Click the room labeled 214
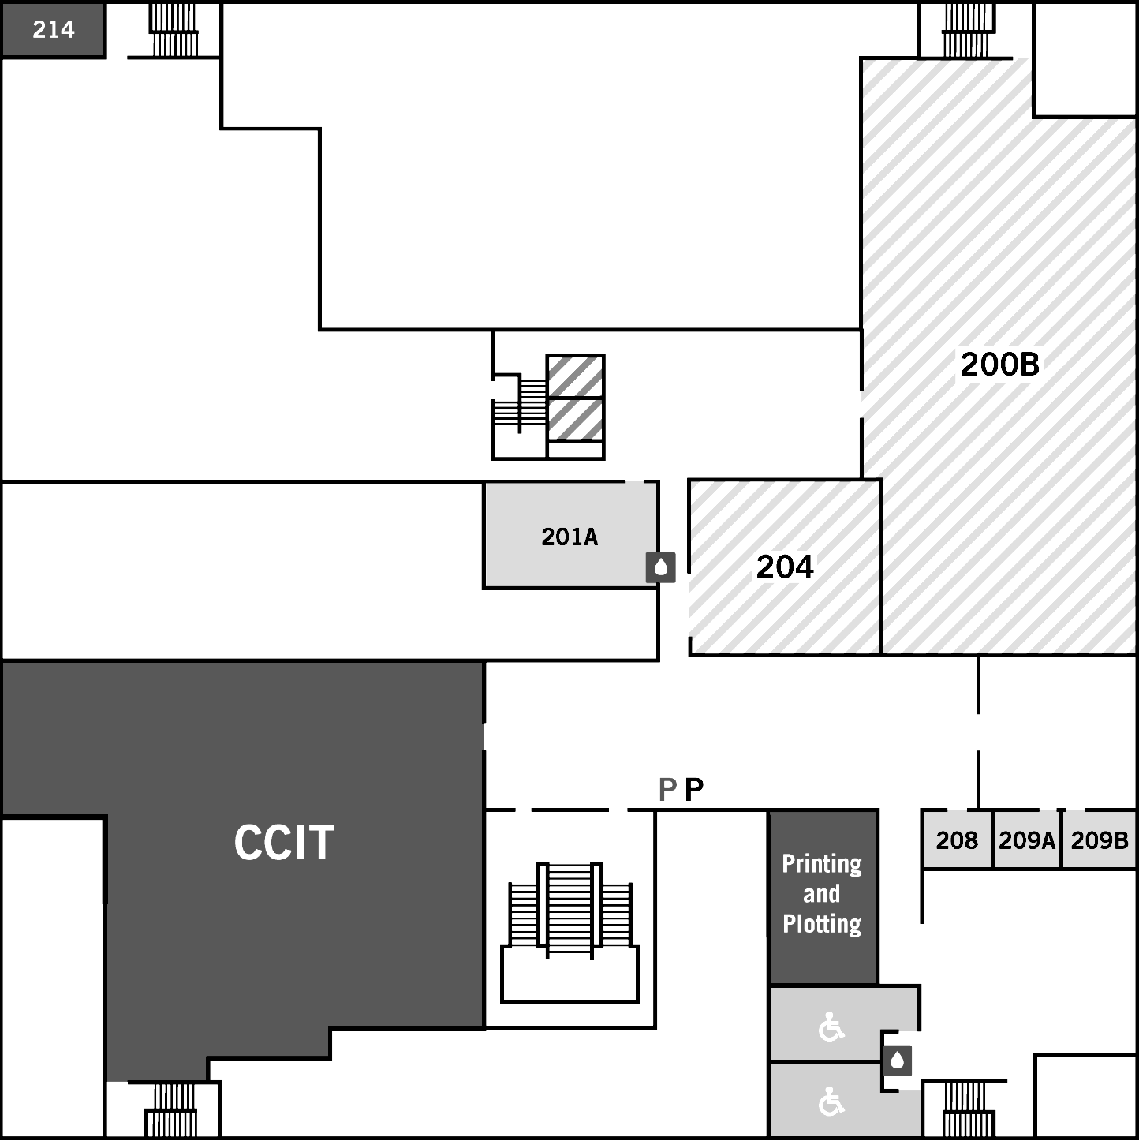[x=54, y=30]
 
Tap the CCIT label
[x=284, y=843]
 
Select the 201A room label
[x=569, y=537]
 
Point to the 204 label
[x=785, y=567]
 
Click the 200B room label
[x=1000, y=364]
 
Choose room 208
[x=957, y=840]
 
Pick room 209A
[x=1026, y=840]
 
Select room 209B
[x=1100, y=840]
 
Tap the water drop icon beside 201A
[x=661, y=568]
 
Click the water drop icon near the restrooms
[x=897, y=1061]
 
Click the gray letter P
[x=668, y=789]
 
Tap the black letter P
[x=694, y=789]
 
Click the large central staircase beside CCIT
[x=569, y=931]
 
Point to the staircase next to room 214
[x=173, y=30]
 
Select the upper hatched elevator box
[x=576, y=376]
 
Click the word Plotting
[x=822, y=925]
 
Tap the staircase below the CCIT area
[x=171, y=1109]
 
